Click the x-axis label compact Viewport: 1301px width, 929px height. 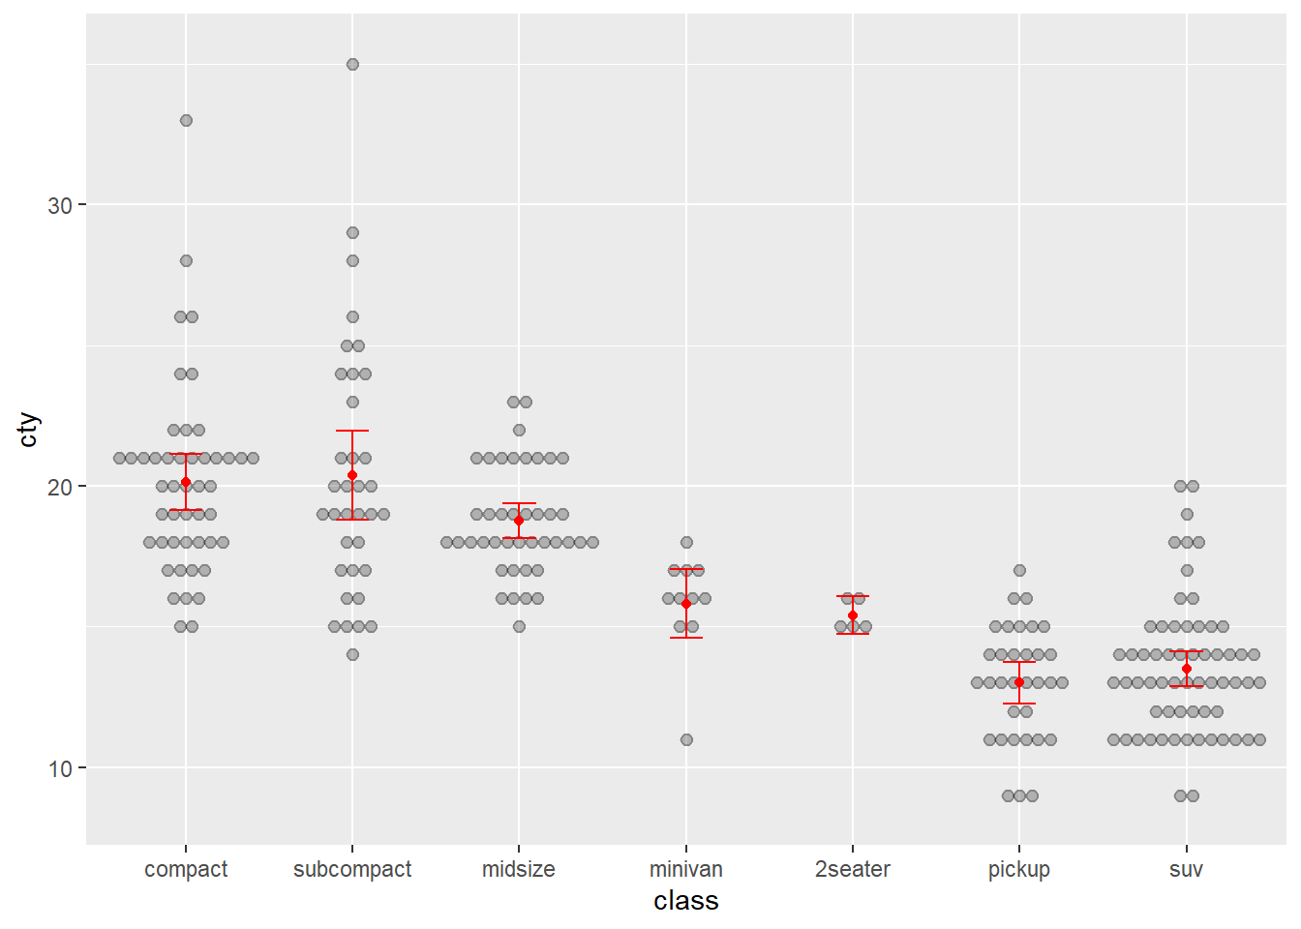(x=186, y=869)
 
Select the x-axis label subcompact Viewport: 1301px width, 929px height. (x=352, y=869)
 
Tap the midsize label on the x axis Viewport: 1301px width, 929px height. (x=519, y=869)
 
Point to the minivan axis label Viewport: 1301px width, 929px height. (x=686, y=869)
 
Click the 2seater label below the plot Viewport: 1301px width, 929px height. (x=853, y=869)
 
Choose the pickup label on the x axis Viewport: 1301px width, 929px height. (x=1019, y=869)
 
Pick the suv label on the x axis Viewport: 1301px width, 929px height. (x=1186, y=869)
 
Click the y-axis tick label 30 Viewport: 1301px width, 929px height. (x=60, y=205)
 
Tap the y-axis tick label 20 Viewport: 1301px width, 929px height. (x=60, y=487)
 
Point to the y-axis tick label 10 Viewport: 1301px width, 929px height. (x=60, y=768)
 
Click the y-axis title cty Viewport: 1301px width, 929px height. (x=29, y=430)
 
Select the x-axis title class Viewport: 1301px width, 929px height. (x=686, y=901)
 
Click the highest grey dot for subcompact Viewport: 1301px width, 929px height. (x=352, y=65)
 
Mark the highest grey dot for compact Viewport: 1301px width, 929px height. (x=186, y=121)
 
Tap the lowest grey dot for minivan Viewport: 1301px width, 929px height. (x=686, y=740)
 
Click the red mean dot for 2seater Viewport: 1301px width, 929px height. (x=853, y=615)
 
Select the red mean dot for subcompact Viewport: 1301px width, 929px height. (x=352, y=475)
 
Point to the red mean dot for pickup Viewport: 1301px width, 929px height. (x=1019, y=682)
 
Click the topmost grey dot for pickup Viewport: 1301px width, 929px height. (x=1019, y=571)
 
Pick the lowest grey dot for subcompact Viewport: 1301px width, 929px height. (x=352, y=655)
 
